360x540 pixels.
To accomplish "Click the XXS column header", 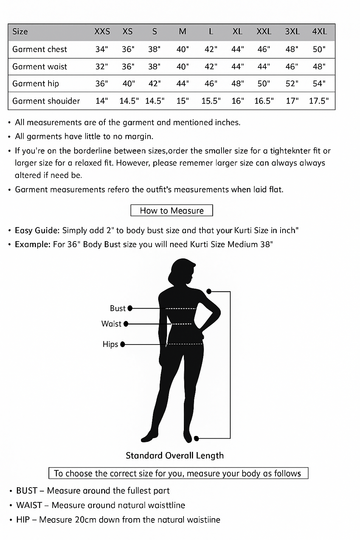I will (x=102, y=32).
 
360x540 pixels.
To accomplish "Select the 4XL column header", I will (x=319, y=32).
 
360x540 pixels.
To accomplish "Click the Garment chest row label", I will (x=39, y=49).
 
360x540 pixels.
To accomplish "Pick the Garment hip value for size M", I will (x=182, y=84).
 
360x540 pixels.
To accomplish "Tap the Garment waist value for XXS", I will (x=102, y=66).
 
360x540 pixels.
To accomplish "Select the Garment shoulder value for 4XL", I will (x=319, y=101).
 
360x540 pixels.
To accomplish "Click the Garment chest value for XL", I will (x=238, y=49).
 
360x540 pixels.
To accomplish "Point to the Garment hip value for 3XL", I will (x=292, y=84).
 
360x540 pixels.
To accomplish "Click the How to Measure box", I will (x=172, y=211).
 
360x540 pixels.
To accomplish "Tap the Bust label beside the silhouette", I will (x=117, y=308).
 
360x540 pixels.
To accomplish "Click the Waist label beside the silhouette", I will (x=111, y=324).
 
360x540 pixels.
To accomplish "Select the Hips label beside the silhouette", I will (x=110, y=344).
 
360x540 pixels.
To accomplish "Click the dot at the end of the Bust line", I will (x=130, y=308).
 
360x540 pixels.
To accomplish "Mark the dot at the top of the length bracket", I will (x=209, y=291).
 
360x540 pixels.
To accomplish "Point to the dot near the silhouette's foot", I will (x=197, y=438).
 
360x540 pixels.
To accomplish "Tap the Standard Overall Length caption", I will (x=175, y=456).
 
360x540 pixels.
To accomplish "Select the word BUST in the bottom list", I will (x=27, y=491).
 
